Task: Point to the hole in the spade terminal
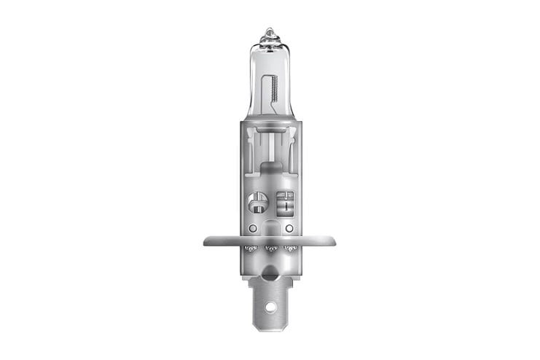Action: pos(270,306)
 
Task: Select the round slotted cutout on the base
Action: pos(258,202)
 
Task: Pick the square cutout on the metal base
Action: pos(284,201)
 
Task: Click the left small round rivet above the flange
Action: pos(252,228)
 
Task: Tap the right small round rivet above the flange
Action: pos(289,228)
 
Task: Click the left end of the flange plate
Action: pos(208,240)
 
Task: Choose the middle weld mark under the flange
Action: pos(270,249)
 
